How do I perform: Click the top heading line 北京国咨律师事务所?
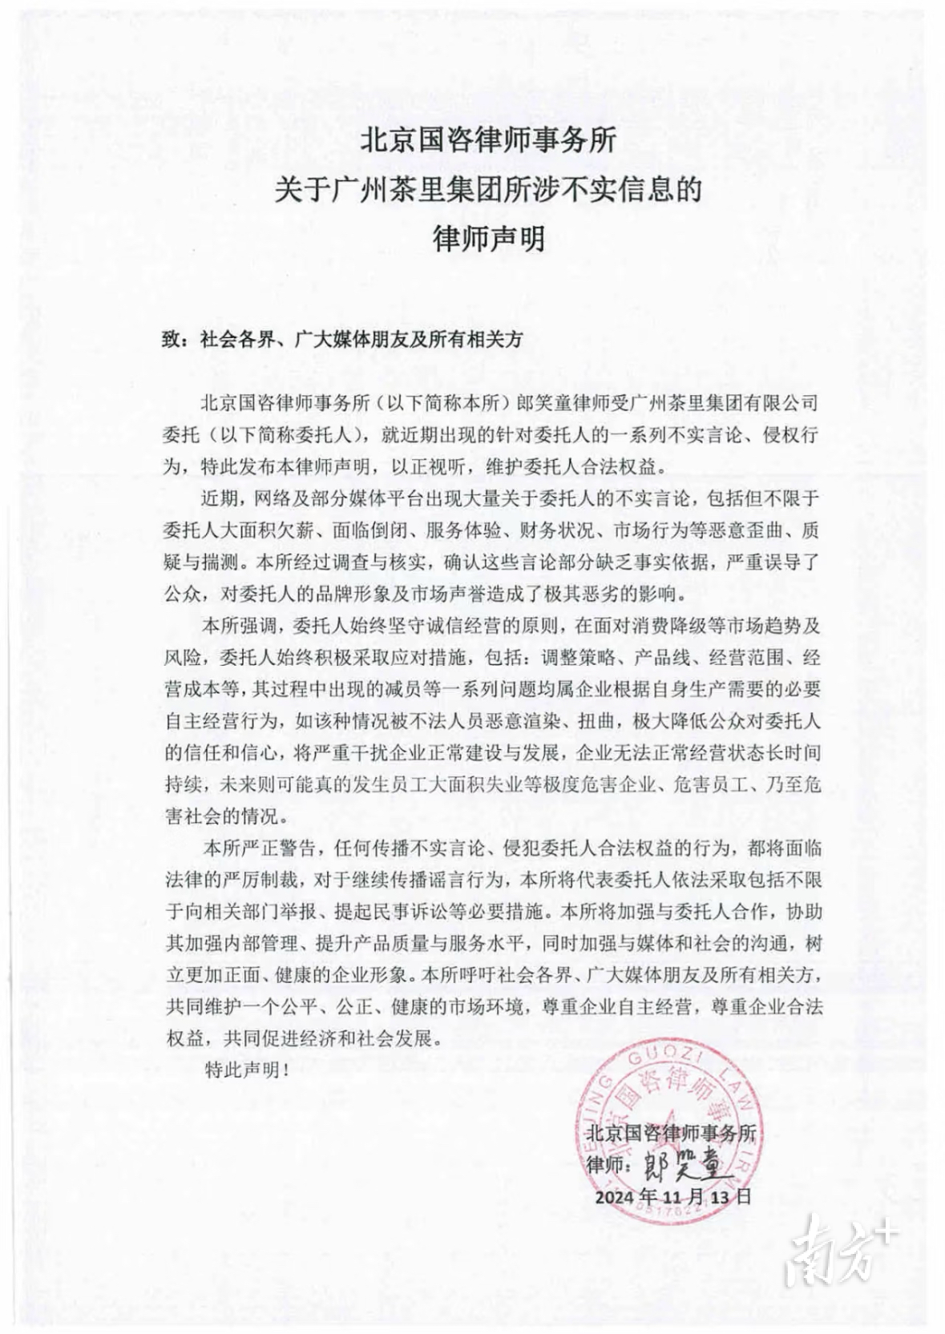pos(488,142)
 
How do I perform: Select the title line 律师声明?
pos(488,238)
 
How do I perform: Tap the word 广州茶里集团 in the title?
pos(401,190)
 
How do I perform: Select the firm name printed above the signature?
pos(671,1133)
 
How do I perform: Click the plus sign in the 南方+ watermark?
pos(884,1230)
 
